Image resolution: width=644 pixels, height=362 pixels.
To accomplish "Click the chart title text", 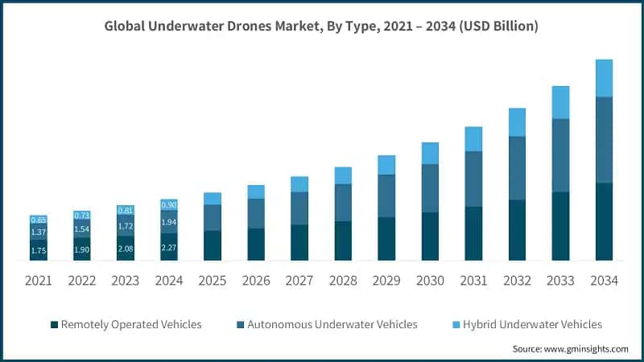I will (322, 27).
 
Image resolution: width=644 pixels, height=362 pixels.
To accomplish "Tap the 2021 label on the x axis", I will (39, 281).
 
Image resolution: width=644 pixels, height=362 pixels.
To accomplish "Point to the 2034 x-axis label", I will (604, 281).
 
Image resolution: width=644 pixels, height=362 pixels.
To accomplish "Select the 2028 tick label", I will (343, 281).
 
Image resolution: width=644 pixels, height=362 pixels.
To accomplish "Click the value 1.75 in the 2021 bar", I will (39, 250).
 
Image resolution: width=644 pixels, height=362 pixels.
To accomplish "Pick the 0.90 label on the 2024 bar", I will (169, 204).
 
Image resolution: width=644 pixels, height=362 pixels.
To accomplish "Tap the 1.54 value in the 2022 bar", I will (82, 229).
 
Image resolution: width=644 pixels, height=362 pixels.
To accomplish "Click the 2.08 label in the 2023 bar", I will (126, 249).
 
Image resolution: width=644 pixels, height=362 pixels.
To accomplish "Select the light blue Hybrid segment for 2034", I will (604, 78).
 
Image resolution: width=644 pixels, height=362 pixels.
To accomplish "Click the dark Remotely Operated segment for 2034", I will (604, 221).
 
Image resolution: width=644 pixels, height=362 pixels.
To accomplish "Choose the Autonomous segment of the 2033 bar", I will (560, 155).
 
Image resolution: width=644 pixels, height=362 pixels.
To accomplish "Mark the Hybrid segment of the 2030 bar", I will (430, 153).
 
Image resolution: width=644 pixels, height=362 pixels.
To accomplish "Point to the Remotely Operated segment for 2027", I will (299, 242).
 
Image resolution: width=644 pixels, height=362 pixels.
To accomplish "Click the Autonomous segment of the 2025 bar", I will (213, 217).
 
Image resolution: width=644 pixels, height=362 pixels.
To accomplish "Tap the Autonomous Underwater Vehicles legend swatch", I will (239, 324).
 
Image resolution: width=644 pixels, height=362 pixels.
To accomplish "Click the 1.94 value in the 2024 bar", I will (169, 221).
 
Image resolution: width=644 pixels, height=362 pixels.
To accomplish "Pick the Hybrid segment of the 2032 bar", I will (517, 122).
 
